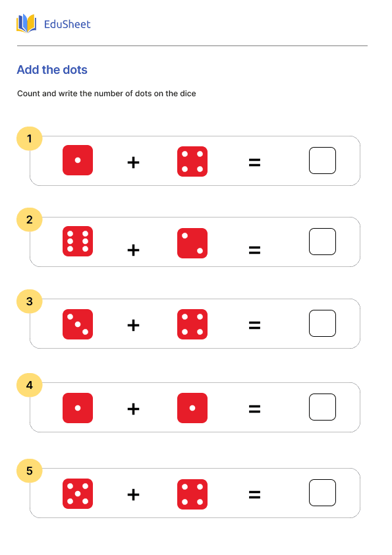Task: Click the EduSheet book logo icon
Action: click(26, 24)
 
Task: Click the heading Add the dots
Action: click(52, 70)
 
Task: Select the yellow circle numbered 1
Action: click(29, 138)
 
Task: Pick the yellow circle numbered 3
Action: click(29, 302)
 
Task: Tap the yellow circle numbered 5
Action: click(29, 471)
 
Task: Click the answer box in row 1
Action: click(322, 160)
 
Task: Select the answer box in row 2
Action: click(322, 241)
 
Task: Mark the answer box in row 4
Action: click(322, 407)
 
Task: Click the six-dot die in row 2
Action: click(78, 241)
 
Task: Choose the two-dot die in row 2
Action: click(192, 243)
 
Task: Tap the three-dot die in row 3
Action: click(78, 324)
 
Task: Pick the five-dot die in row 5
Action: click(78, 494)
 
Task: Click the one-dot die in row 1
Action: click(78, 160)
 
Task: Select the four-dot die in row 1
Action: click(192, 161)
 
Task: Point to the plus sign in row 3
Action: click(133, 325)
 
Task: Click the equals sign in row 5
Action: click(254, 494)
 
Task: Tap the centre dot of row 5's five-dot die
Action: click(78, 494)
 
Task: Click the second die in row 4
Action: click(192, 408)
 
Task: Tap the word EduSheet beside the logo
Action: click(67, 24)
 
